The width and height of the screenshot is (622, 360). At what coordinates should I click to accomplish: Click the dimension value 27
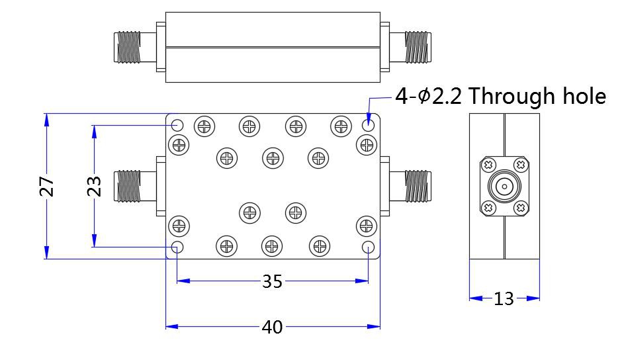(x=47, y=186)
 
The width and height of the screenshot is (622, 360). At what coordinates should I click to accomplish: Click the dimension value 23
(x=95, y=186)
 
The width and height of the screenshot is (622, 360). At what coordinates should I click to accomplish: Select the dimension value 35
(x=272, y=281)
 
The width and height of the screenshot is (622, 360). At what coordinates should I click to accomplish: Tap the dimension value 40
(x=272, y=326)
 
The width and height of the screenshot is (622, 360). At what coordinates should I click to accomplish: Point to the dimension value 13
(x=504, y=298)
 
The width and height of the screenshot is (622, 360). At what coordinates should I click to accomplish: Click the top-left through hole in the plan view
(x=177, y=125)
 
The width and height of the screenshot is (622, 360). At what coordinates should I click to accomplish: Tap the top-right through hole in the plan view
(x=368, y=125)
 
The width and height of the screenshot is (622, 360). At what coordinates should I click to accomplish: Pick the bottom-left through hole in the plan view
(x=177, y=247)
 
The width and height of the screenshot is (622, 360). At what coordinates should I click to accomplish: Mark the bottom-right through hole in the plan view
(x=368, y=247)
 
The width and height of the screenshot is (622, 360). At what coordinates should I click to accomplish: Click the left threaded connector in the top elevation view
(x=129, y=47)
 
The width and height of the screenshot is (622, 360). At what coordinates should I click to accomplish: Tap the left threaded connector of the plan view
(x=129, y=186)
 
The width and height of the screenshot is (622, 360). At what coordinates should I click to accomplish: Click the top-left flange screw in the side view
(x=488, y=164)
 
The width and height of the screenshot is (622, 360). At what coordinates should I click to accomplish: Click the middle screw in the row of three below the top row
(x=273, y=157)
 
